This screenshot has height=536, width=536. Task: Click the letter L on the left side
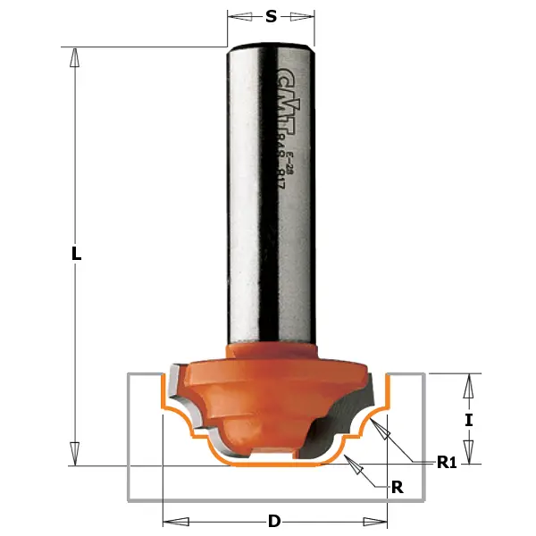point(77,254)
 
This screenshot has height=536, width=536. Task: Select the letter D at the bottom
point(274,521)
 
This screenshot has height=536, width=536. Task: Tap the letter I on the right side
point(467,417)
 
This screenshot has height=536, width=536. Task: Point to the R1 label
point(447,462)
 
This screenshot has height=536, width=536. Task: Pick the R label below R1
point(398,487)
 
